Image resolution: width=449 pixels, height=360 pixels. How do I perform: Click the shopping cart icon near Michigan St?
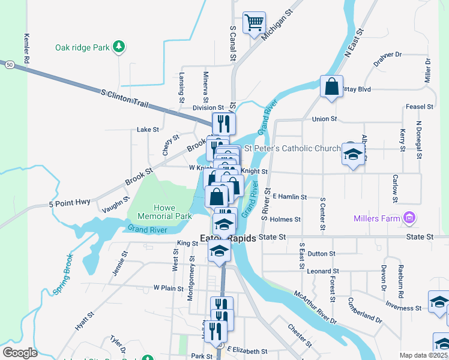pos(254,23)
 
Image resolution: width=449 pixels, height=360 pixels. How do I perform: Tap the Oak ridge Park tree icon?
pos(119,47)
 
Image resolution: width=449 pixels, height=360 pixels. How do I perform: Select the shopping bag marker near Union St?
pos(331,86)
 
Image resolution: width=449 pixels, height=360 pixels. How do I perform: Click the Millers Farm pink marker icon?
pos(410,218)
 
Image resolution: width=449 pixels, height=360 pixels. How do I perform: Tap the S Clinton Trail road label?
pos(124,99)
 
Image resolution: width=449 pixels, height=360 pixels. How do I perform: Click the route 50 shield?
pos(8,64)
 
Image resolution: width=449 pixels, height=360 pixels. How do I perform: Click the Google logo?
pos(20,352)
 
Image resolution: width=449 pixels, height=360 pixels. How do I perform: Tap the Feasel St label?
pos(419,107)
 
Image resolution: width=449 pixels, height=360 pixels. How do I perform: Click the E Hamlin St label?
pos(289,196)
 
